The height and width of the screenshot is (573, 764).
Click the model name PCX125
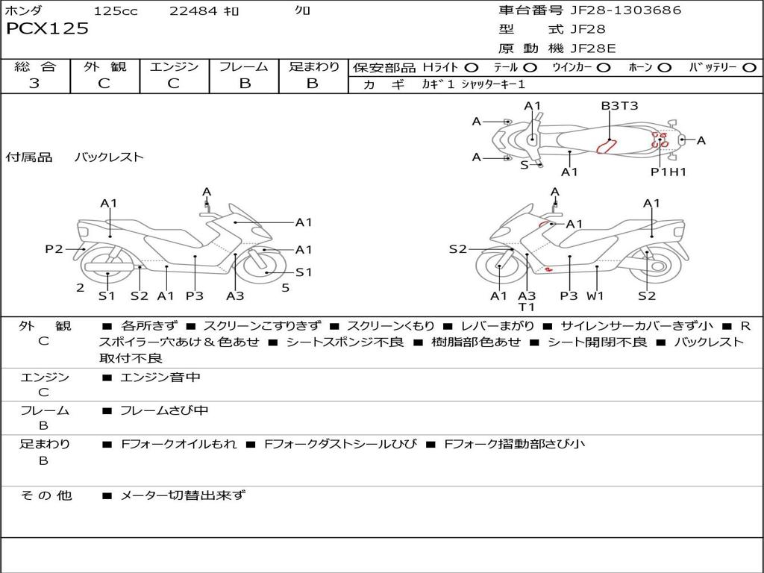[47, 28]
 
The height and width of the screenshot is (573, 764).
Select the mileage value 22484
[194, 10]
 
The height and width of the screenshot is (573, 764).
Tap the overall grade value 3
[34, 84]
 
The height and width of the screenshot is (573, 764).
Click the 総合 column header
[34, 66]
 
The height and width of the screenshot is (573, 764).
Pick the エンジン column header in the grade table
[174, 66]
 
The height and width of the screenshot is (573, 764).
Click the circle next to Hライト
[472, 68]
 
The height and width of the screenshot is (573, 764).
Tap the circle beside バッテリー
[749, 68]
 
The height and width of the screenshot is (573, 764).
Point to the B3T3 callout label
[619, 106]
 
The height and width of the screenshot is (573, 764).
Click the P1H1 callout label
[668, 172]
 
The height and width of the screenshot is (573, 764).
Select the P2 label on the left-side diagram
[54, 249]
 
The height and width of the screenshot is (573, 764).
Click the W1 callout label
[595, 295]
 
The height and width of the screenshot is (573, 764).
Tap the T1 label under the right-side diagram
[527, 307]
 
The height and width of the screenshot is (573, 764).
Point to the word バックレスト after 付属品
[109, 157]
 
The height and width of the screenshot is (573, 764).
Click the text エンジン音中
[160, 378]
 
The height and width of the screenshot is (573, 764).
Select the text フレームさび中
[164, 410]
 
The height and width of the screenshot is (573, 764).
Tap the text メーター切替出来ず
[182, 495]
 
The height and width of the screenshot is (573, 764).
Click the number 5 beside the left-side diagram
[285, 287]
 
